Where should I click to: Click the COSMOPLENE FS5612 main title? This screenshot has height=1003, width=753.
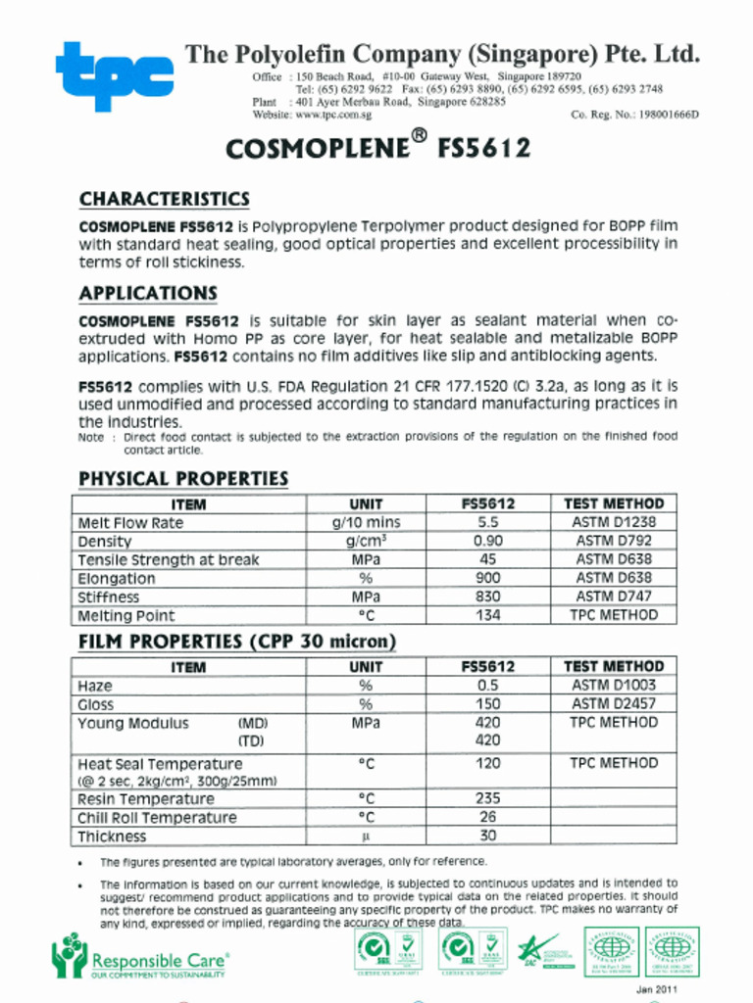click(377, 148)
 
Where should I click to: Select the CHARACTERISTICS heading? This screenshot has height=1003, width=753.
click(164, 200)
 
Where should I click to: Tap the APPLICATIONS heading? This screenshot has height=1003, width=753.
click(148, 294)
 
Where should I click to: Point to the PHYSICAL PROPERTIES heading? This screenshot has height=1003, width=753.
click(183, 479)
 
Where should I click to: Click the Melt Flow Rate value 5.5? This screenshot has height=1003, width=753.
click(487, 523)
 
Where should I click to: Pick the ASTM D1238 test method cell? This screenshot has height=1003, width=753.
click(614, 523)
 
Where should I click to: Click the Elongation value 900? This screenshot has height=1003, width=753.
click(487, 579)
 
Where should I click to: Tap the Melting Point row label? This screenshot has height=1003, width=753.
click(126, 616)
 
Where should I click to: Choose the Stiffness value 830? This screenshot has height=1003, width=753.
click(487, 597)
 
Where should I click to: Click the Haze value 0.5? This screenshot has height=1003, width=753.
click(487, 686)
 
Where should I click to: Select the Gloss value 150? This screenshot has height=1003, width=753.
click(487, 704)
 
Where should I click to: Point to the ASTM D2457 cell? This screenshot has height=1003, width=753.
click(614, 704)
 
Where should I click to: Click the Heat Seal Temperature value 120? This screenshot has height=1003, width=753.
click(487, 764)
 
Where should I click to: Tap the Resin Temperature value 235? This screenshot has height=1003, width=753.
click(487, 799)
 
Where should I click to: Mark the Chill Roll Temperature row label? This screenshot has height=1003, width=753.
click(157, 818)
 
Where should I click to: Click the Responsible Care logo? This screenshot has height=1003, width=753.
click(140, 957)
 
